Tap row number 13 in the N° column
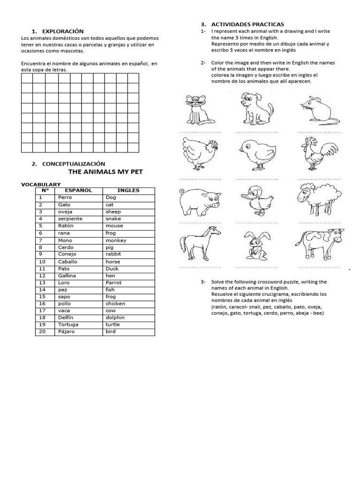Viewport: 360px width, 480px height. [42, 283]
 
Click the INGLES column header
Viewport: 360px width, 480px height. [128, 190]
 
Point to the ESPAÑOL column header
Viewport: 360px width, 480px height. [78, 190]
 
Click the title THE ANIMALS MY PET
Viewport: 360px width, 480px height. [105, 172]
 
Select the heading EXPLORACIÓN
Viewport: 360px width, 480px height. [63, 31]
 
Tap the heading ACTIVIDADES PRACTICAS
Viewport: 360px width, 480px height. [247, 24]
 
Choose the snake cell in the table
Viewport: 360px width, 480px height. [113, 218]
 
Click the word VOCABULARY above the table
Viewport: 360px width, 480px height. [41, 184]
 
